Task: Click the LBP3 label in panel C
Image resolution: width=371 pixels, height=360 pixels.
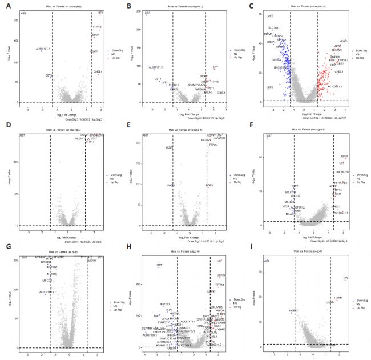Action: point(269,87)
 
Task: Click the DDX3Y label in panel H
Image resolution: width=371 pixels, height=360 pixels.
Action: point(221,275)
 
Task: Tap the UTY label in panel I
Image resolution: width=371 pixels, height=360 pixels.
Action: point(345,279)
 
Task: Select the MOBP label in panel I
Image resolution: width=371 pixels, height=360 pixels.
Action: point(293,310)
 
